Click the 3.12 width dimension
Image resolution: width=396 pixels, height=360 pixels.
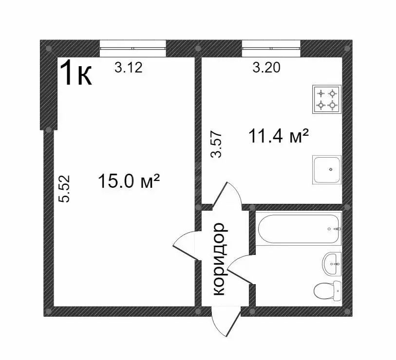128,68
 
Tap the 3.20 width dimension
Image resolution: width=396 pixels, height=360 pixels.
266,68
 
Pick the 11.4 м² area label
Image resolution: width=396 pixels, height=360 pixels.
279,136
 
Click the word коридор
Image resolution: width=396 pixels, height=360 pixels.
219,259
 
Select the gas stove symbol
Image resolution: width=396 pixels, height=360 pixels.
326,99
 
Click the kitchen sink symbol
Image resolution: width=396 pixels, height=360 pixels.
327,170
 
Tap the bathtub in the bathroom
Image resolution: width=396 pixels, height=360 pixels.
299,229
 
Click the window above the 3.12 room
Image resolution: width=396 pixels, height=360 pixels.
132,48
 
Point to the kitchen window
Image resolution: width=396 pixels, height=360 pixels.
271,48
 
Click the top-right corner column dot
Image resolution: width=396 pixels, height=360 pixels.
347,48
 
